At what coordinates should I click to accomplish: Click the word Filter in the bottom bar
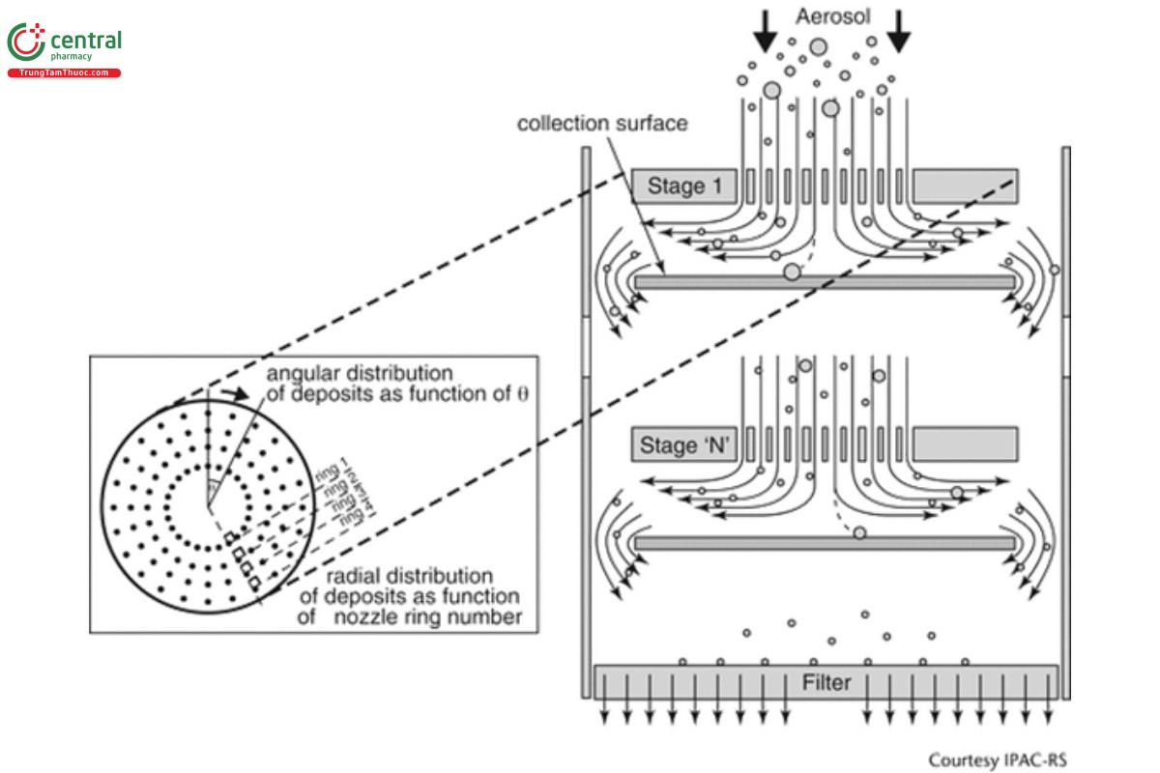click(826, 683)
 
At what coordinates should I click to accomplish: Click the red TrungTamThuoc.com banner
click(64, 73)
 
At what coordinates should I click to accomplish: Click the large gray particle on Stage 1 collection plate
click(793, 272)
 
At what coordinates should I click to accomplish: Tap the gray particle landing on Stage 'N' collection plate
click(858, 532)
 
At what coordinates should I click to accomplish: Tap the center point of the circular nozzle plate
click(206, 503)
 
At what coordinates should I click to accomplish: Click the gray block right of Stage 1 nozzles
click(963, 186)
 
